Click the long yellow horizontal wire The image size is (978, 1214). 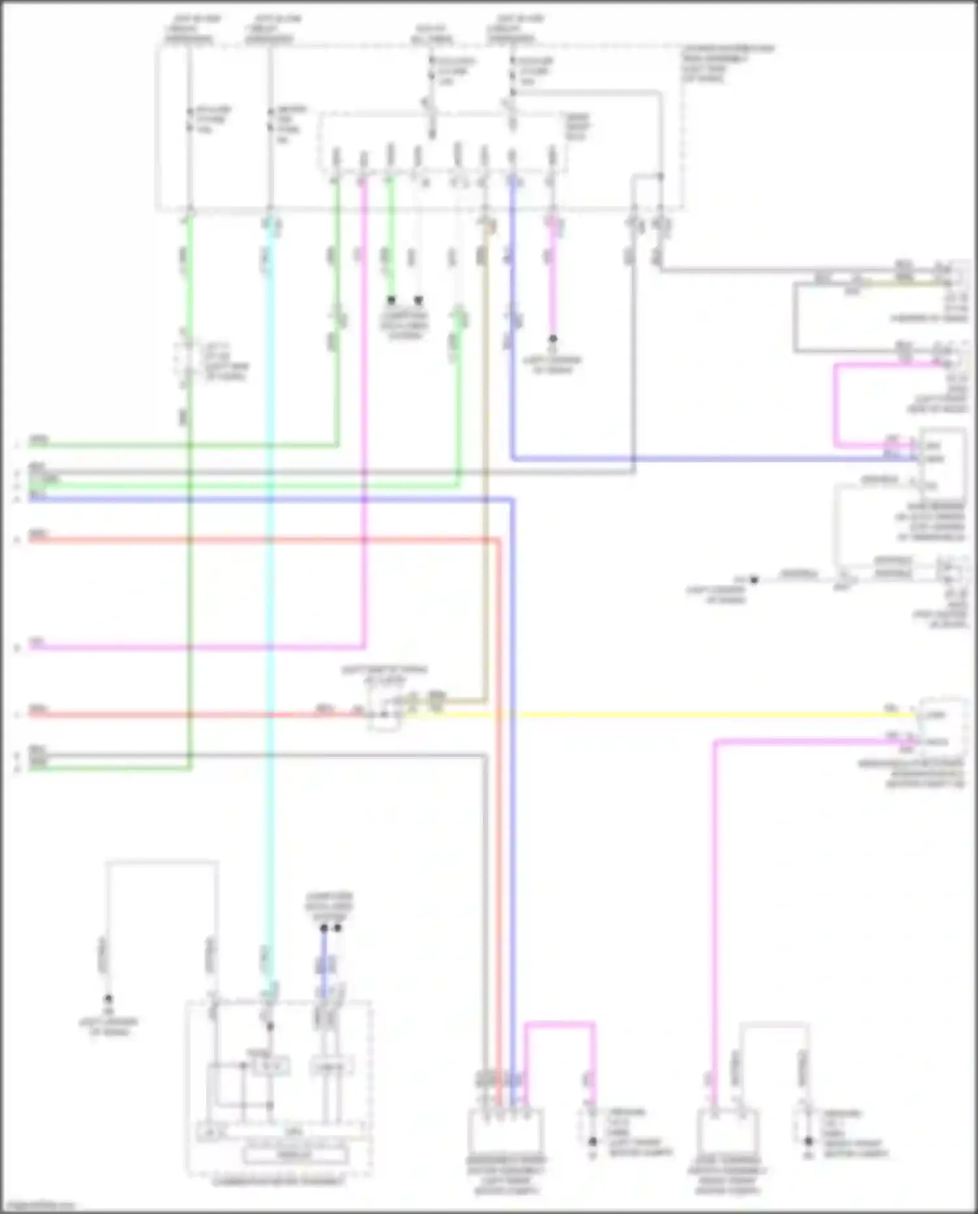pos(652,715)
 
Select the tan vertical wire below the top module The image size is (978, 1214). pos(485,457)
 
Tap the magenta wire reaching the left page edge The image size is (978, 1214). pos(196,648)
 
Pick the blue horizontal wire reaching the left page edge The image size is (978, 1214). pos(261,500)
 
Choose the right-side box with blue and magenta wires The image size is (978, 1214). pos(941,460)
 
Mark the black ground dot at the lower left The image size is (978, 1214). pos(108,999)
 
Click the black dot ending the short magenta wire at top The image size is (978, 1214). pos(553,339)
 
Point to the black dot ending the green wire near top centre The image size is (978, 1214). pos(391,300)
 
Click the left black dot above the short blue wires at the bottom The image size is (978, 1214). pos(324,928)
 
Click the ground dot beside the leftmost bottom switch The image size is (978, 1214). pos(593,1142)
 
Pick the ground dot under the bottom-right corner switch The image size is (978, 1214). pos(808,1142)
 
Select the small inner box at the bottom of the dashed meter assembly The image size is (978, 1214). pos(296,1154)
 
